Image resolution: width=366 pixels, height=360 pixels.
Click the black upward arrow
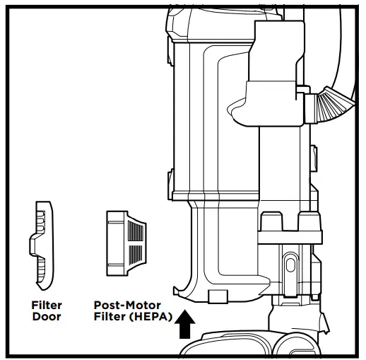pos(185,324)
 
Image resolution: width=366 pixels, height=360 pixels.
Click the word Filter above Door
pos(47,306)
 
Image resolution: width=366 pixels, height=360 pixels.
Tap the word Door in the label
pos(47,316)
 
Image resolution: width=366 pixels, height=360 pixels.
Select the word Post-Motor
pos(127,306)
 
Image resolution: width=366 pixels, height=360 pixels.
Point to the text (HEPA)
pos(150,317)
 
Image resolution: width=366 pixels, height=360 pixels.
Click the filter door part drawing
pos(42,245)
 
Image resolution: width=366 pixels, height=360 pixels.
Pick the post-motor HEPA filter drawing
pos(126,243)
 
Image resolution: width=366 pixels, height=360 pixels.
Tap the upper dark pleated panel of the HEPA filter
pos(136,231)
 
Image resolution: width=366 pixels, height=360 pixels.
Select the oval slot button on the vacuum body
pos(290,265)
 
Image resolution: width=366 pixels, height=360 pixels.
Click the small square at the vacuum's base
pos(218,296)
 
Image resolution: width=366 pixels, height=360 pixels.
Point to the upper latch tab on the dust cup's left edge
pos(170,51)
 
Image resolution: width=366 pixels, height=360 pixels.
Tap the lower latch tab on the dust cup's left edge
pos(170,185)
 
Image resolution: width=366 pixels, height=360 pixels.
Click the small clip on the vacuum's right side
pos(314,158)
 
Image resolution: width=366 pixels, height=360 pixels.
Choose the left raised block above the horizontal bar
pos(271,221)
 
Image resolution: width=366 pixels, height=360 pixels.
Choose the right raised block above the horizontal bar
pos(309,221)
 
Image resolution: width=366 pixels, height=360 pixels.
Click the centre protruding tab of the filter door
pos(33,245)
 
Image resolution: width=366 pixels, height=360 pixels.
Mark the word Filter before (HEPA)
pos(110,317)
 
